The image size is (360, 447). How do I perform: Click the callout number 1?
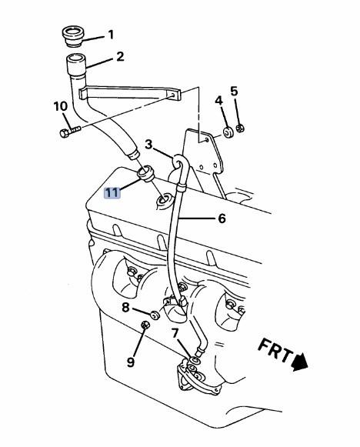click(x=111, y=35)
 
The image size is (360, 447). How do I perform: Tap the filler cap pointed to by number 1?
click(x=72, y=36)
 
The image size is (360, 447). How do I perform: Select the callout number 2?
click(x=120, y=56)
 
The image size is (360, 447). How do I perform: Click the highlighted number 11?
click(x=112, y=193)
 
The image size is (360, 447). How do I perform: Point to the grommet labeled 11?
click(x=145, y=174)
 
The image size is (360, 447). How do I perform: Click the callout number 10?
click(x=61, y=106)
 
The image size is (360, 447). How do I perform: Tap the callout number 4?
click(x=218, y=100)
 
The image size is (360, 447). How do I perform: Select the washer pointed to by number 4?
click(x=228, y=132)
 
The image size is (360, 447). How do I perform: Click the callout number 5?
click(x=234, y=92)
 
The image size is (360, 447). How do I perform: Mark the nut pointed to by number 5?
click(x=241, y=128)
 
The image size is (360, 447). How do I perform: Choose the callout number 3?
click(x=148, y=145)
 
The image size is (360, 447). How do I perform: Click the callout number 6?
click(x=222, y=218)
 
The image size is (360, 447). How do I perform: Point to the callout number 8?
click(x=125, y=307)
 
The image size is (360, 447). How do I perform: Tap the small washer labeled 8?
click(x=155, y=315)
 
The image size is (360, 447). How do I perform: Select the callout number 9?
click(x=130, y=362)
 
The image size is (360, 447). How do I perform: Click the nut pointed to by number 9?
click(x=145, y=325)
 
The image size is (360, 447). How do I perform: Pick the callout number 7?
click(x=175, y=332)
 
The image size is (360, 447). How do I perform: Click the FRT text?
click(x=275, y=350)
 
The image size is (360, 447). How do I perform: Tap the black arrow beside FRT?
click(x=299, y=362)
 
